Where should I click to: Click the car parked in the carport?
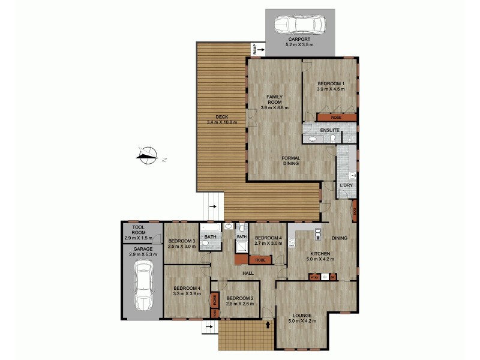(300, 25)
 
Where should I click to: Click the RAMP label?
(255, 49)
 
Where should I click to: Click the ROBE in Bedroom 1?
(337, 118)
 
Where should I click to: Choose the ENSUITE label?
(330, 130)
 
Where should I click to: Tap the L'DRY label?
(346, 185)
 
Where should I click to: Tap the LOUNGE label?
(302, 316)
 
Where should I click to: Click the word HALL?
(247, 274)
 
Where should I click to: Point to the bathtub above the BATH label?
(210, 229)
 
